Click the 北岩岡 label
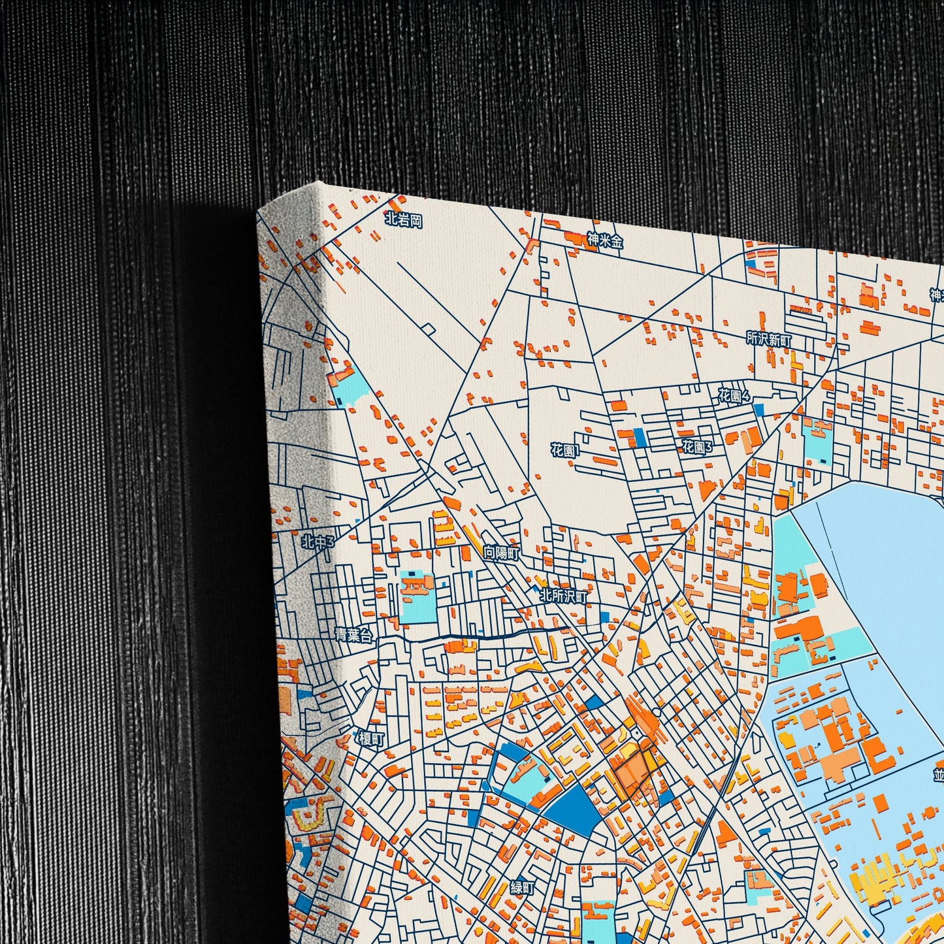click(404, 220)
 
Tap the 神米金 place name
click(605, 240)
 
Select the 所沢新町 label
click(769, 339)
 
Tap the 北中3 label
click(317, 542)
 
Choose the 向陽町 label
click(501, 553)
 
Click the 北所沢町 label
click(563, 596)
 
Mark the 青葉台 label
click(353, 634)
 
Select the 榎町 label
click(371, 738)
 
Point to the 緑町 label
click(523, 888)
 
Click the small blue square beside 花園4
click(758, 410)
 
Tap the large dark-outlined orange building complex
click(632, 770)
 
